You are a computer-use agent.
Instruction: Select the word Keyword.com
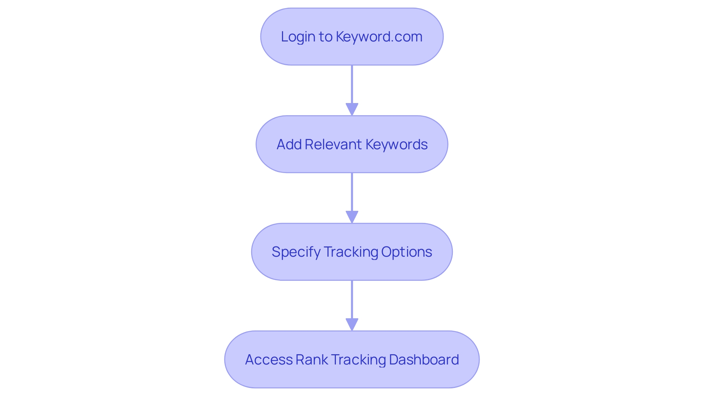tap(379, 37)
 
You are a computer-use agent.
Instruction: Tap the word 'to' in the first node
tap(326, 37)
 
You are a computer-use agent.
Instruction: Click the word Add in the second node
tap(289, 144)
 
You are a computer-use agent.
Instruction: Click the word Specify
tap(296, 252)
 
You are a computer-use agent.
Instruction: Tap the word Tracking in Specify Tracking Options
tap(351, 252)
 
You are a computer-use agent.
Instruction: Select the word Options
tap(406, 252)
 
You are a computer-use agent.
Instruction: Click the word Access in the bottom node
tap(269, 360)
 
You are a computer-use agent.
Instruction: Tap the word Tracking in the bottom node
tap(359, 360)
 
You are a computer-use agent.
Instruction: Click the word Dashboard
tap(424, 360)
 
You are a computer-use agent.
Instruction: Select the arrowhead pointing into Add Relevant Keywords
tap(352, 109)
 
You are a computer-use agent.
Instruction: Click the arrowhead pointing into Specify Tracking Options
tap(352, 217)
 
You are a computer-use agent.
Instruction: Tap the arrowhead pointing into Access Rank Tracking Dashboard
tap(352, 324)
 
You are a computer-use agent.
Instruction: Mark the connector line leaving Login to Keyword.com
tap(352, 84)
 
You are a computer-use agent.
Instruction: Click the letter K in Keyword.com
tap(340, 37)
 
